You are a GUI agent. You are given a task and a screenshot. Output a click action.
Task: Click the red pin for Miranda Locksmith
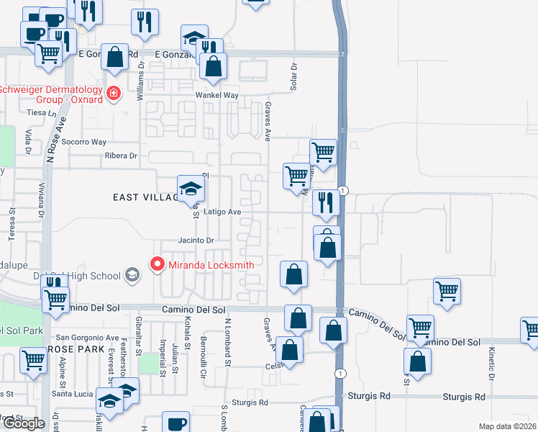pos(158,265)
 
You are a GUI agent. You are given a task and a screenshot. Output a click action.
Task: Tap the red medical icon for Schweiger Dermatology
pos(113,94)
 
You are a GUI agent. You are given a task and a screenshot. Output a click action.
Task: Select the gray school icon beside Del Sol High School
pos(132,275)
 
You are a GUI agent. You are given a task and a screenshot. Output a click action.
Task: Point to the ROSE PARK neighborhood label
pos(71,348)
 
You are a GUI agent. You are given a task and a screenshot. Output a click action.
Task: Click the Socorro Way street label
pos(83,142)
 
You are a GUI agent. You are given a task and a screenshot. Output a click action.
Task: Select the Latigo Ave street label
pos(222,212)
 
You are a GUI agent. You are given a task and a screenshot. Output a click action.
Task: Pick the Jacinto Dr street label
pos(196,240)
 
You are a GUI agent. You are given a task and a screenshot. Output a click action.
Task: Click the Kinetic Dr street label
pos(492,364)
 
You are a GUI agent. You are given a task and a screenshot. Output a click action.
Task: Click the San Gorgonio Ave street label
pos(88,337)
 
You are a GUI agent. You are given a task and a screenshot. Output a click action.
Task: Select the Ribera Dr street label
pos(120,156)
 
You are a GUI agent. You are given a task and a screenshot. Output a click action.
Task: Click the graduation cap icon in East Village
pos(191,189)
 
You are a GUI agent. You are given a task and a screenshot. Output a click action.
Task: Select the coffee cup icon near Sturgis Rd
pos(175,423)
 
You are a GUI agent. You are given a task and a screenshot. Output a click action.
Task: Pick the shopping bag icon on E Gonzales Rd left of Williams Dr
pos(115,57)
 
